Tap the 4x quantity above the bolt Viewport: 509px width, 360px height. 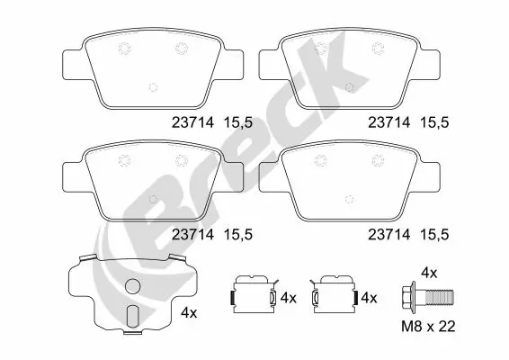tap(429, 271)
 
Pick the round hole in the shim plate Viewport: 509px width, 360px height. tap(132, 288)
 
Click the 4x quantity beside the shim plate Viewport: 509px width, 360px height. tap(189, 312)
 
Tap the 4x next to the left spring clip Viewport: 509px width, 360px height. tap(287, 297)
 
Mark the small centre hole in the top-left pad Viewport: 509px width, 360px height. tap(152, 87)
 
